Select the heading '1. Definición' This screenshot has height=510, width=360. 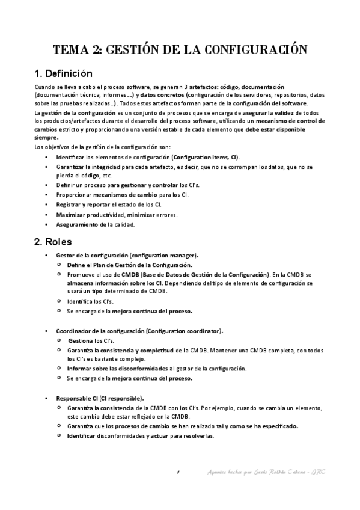click(x=63, y=75)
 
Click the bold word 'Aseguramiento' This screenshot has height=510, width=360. click(x=76, y=224)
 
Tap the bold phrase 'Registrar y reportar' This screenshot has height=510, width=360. click(x=83, y=204)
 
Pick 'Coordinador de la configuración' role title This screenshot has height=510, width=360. click(x=99, y=331)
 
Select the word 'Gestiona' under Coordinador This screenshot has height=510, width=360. click(x=81, y=340)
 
